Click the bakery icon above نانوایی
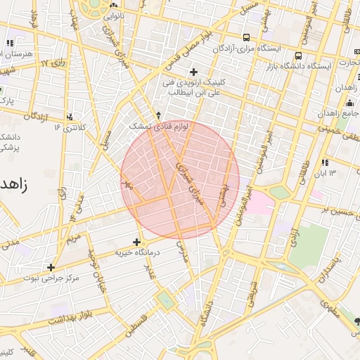pyautogui.click(x=112, y=5)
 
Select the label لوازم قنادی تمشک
pyautogui.click(x=150, y=124)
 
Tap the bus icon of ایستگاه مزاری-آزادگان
pyautogui.click(x=245, y=37)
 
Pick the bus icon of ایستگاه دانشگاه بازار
pyautogui.click(x=299, y=56)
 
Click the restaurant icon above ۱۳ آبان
pyautogui.click(x=324, y=163)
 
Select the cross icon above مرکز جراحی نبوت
pyautogui.click(x=51, y=267)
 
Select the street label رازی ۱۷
pyautogui.click(x=53, y=63)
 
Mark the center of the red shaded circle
pyautogui.click(x=180, y=180)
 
